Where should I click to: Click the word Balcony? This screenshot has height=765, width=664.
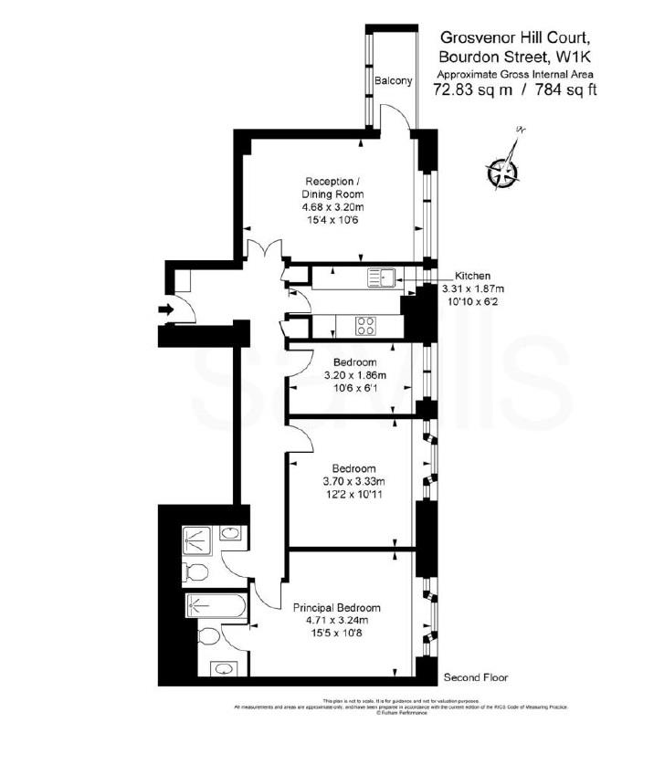pos(394,81)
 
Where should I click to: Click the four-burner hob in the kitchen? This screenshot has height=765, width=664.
pos(366,326)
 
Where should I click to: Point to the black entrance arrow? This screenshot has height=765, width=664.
pos(165,310)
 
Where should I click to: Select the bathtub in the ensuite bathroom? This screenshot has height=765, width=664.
pos(215,605)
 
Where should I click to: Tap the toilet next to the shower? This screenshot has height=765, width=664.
pos(195,572)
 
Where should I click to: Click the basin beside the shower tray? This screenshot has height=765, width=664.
pos(231,535)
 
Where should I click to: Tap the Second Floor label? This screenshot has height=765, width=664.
pos(475,678)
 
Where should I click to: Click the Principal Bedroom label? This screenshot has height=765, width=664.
pos(336,608)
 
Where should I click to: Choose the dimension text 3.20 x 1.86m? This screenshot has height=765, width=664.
pos(355,375)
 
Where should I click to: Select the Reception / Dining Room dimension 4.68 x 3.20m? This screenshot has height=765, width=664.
pos(332,207)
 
